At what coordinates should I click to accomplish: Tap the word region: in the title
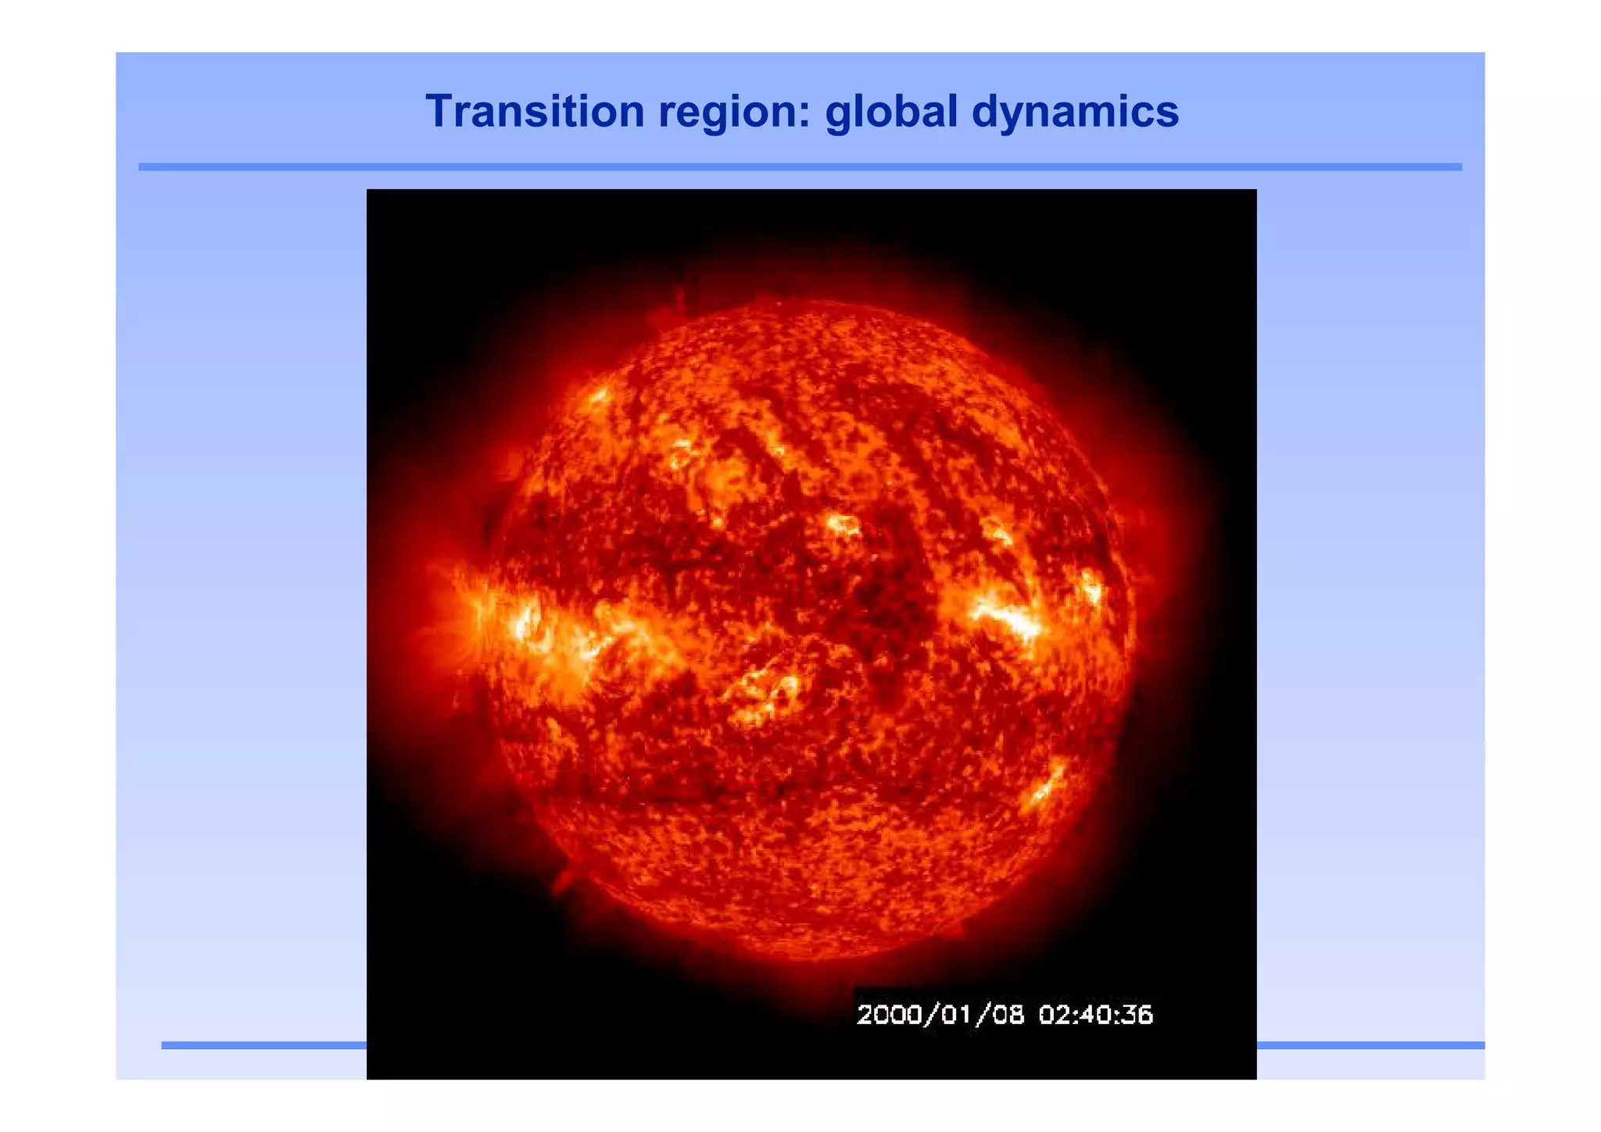coord(734,111)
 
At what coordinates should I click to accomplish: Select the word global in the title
coord(891,111)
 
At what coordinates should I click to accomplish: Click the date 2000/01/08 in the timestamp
coord(940,1015)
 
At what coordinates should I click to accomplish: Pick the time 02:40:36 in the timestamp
coord(1095,1015)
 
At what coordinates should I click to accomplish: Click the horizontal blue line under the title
coord(800,167)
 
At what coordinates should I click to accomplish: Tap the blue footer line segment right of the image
coord(1370,1045)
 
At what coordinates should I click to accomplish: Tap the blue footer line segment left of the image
coord(263,1045)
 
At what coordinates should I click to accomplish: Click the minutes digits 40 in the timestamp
coord(1095,1015)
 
